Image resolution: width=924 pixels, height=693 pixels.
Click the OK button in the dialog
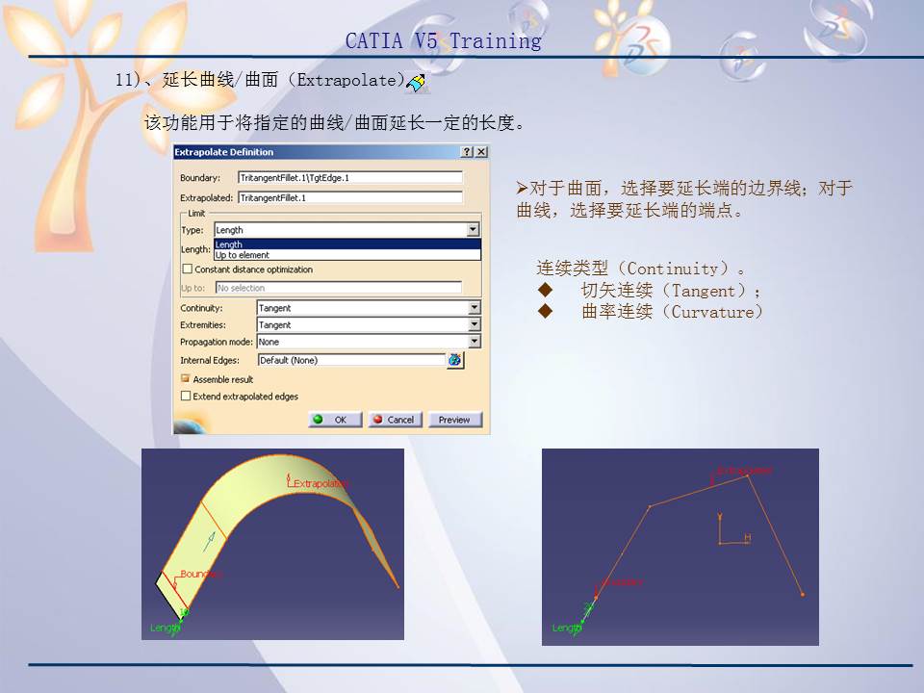(335, 420)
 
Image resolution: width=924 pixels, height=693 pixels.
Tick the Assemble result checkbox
(187, 379)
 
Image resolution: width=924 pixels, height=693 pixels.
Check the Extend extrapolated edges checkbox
(187, 396)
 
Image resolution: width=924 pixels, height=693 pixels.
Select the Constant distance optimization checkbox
(188, 269)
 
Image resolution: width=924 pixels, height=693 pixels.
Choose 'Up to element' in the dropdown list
(243, 256)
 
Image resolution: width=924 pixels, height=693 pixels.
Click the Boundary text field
(349, 178)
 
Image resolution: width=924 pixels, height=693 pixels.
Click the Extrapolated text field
(349, 197)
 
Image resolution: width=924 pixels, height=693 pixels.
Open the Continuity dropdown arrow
(474, 308)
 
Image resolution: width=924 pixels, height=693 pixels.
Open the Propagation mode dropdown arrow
(474, 342)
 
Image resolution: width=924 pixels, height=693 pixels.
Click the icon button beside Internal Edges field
(454, 360)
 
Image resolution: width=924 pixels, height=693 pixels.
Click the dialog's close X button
(481, 152)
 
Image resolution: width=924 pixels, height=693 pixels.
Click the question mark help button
(468, 152)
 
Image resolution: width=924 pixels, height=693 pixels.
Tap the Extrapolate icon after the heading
(417, 84)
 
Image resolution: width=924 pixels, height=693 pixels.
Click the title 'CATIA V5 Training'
(443, 41)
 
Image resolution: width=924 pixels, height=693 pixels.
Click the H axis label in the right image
(747, 538)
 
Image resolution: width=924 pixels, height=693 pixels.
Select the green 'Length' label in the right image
(566, 628)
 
